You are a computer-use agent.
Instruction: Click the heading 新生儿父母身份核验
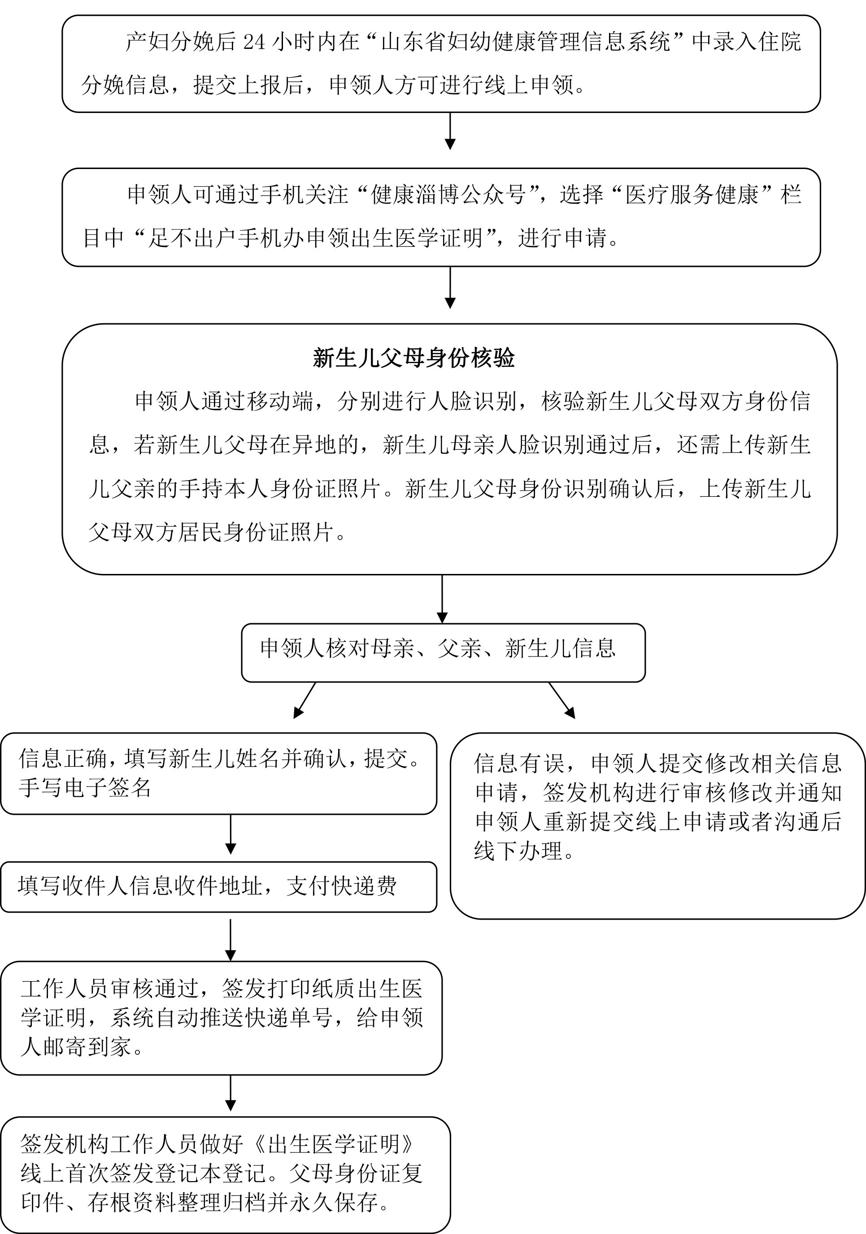(413, 358)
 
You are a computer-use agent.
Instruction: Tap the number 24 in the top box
(254, 42)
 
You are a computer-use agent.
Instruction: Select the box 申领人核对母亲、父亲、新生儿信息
(443, 652)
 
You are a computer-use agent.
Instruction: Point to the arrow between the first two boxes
(450, 130)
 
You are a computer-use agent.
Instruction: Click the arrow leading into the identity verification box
(450, 287)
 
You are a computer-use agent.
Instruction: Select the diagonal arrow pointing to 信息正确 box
(304, 700)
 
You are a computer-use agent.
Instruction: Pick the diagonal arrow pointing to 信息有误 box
(562, 700)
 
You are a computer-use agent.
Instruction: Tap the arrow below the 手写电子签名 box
(231, 834)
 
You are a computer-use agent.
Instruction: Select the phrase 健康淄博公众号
(448, 195)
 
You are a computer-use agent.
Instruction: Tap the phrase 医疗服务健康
(692, 195)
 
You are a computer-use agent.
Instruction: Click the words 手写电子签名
(85, 788)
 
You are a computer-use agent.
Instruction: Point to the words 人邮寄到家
(75, 1047)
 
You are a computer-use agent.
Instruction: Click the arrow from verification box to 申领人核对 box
(442, 599)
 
